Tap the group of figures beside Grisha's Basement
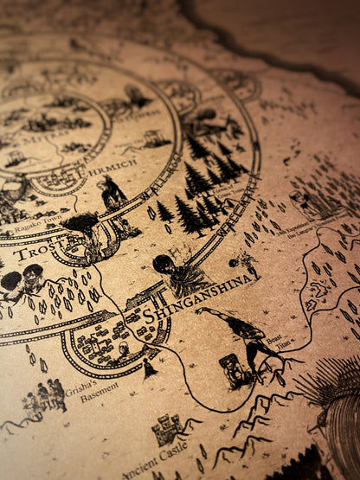[x=45, y=396]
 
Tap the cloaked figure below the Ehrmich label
[x=112, y=192]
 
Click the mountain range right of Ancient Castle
[x=251, y=424]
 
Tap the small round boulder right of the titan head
[x=233, y=261]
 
